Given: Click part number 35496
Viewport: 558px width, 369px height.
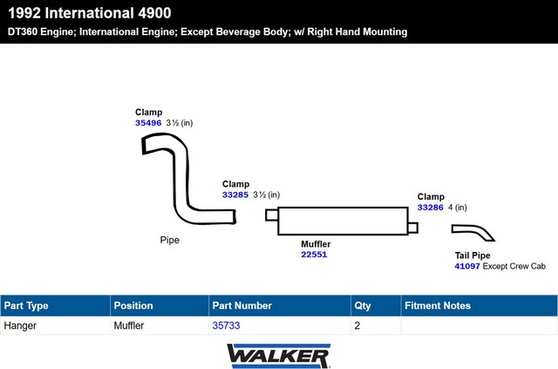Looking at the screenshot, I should point(148,123).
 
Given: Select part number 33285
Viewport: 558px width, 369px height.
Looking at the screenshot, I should point(235,195).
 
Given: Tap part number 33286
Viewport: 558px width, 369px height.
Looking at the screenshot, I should point(431,208).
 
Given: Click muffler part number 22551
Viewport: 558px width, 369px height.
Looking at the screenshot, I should point(314,255).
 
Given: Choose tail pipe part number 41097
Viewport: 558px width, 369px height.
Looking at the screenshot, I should point(467,266).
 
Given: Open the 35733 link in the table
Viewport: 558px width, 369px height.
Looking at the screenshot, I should point(226,325).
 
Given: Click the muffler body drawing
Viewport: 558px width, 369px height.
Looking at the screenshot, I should point(342,221).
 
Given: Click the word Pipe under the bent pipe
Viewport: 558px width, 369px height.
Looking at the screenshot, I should point(169,240).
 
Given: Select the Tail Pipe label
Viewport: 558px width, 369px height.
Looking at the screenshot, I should point(473,255).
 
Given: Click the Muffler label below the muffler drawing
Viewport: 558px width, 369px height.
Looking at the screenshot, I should point(316,244).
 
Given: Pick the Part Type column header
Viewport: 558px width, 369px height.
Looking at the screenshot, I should point(26,306).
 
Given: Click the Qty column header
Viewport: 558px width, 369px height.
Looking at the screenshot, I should point(362,306).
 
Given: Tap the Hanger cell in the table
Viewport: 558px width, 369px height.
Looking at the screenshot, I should point(21,325).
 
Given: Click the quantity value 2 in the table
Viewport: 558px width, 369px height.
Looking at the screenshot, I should point(357,325).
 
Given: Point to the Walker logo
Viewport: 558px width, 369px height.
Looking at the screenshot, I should point(278,355).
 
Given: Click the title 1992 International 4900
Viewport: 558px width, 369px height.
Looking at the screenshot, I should point(89,13).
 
